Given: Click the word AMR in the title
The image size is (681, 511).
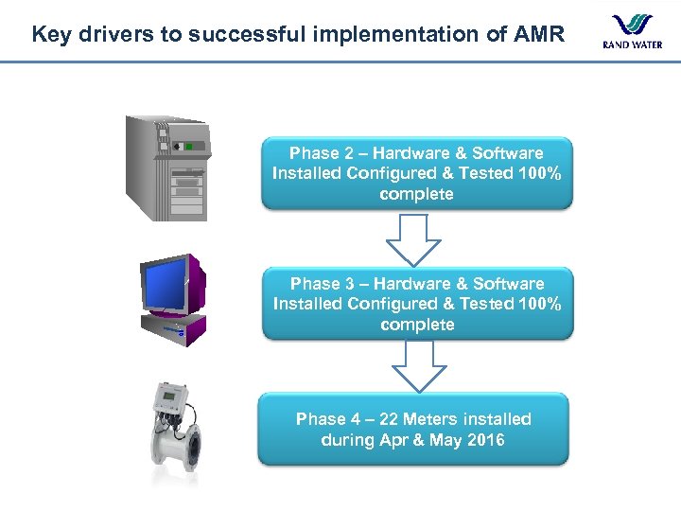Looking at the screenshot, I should pos(539,35).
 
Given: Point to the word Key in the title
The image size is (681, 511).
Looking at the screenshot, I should pos(50,35).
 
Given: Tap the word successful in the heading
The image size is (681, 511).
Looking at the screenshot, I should pos(244,35).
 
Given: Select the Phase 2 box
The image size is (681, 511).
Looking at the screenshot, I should pos(416,173).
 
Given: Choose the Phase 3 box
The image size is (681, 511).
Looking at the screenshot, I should pos(417,304).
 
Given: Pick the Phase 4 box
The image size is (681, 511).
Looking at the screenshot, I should pos(413,429).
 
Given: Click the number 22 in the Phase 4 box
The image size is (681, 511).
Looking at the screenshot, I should pos(388,419).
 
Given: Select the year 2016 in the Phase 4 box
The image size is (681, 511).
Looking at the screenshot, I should pos(485,440).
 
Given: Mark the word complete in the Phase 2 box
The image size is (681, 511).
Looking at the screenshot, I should pos(416,194).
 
